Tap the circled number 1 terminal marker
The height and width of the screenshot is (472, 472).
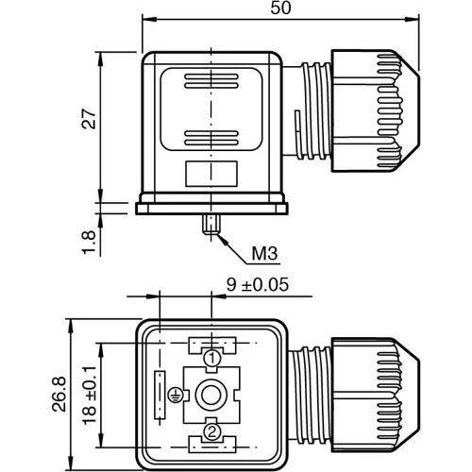[213, 358]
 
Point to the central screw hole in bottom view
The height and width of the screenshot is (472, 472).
[213, 395]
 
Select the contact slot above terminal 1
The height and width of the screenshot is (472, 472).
[212, 342]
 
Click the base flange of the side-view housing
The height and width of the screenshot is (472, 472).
[211, 205]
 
